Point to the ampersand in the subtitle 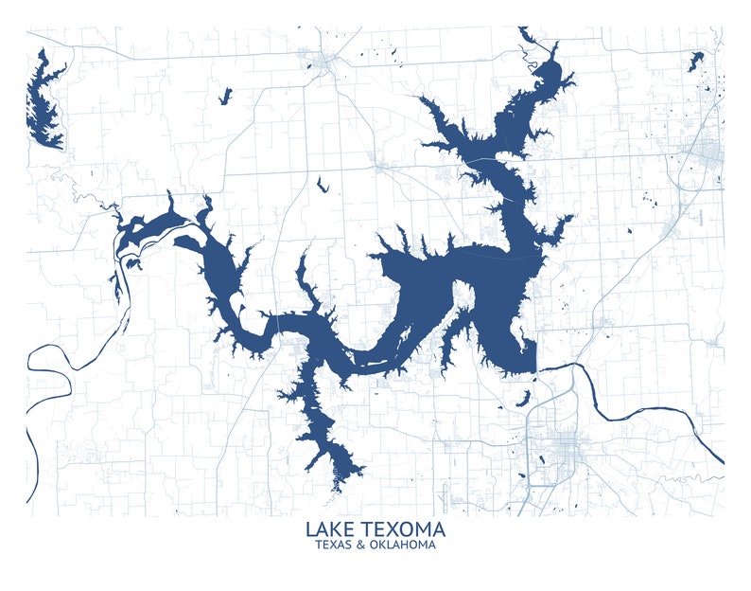[x=363, y=545]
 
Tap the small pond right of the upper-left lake [x=225, y=96]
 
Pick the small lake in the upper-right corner [x=696, y=62]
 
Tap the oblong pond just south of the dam [x=522, y=398]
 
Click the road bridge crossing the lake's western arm [x=280, y=322]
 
